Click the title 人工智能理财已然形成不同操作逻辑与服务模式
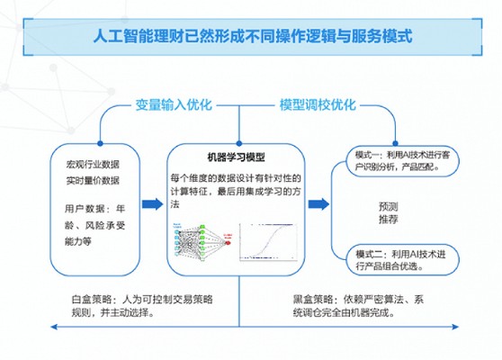pyautogui.click(x=252, y=39)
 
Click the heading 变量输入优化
pyautogui.click(x=173, y=104)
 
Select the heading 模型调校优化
pyautogui.click(x=318, y=104)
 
